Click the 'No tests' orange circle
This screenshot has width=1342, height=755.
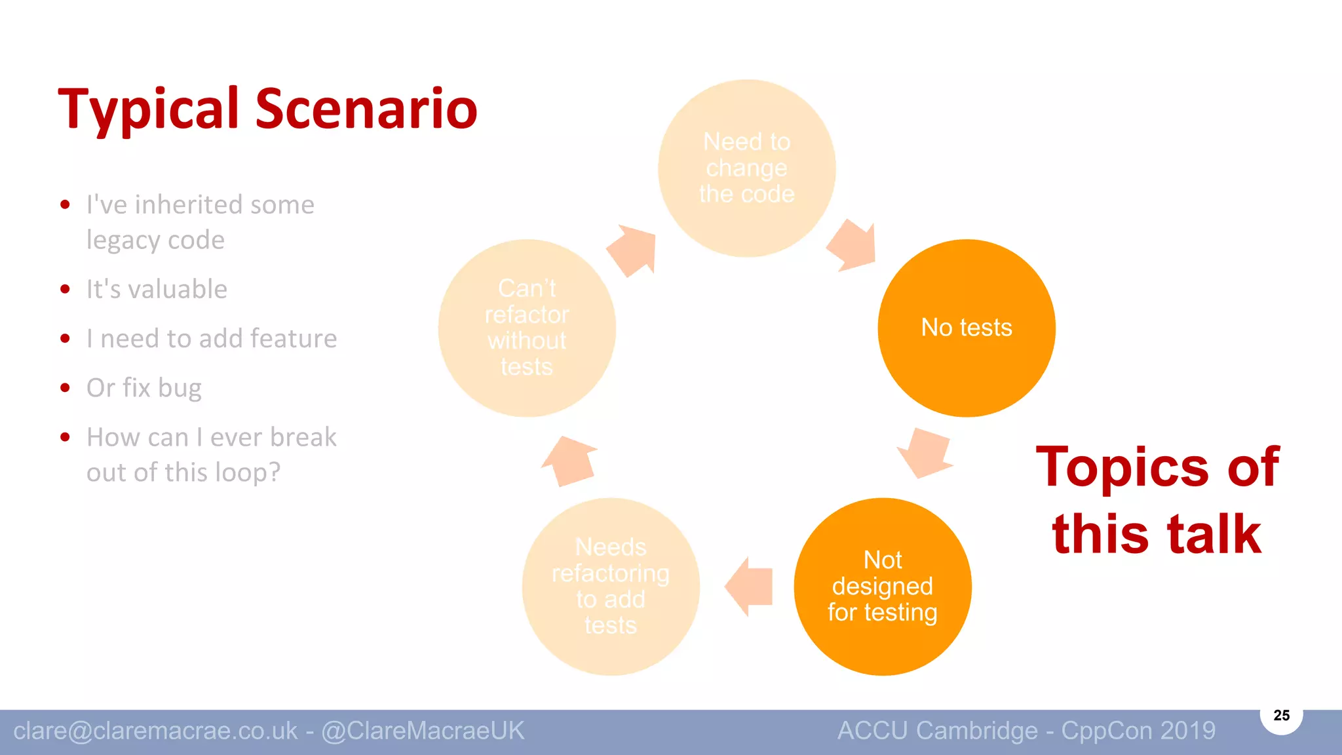[x=967, y=328]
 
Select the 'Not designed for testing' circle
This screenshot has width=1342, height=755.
[x=883, y=587]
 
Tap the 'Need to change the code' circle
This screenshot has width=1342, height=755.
[x=747, y=168]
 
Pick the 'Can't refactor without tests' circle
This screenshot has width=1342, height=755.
[x=527, y=328]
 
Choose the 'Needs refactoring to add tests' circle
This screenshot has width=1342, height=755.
[x=611, y=587]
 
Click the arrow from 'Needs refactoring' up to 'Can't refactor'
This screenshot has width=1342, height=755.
[x=569, y=461]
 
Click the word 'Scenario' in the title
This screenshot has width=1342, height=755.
[x=366, y=109]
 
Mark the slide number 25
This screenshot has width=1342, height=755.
[x=1281, y=715]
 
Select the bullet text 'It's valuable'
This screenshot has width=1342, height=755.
[x=157, y=289]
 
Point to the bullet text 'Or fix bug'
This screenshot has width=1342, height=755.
[x=144, y=388]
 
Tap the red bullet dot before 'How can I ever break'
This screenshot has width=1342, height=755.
[x=65, y=437]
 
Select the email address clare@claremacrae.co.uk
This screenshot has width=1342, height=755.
[x=155, y=731]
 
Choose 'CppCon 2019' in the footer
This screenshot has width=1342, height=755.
[x=1138, y=731]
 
